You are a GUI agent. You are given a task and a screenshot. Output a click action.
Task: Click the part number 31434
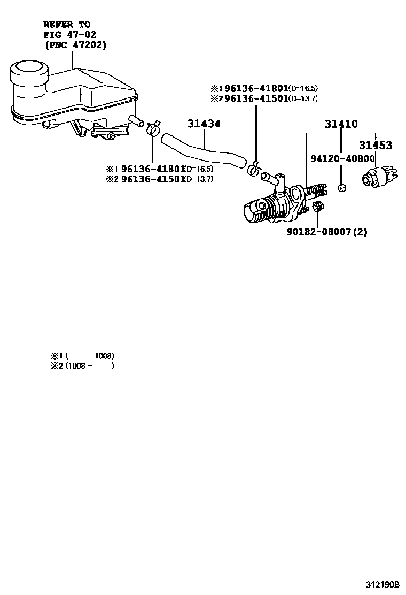pyautogui.click(x=204, y=124)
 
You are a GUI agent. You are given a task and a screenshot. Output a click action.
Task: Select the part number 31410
pyautogui.click(x=341, y=125)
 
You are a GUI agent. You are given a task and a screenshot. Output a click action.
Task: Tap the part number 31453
pyautogui.click(x=375, y=145)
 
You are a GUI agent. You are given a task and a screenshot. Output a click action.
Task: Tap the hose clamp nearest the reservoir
pyautogui.click(x=153, y=128)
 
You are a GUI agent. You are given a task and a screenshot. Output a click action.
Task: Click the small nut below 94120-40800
pyautogui.click(x=342, y=188)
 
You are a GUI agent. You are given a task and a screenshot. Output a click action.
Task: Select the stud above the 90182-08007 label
pyautogui.click(x=318, y=207)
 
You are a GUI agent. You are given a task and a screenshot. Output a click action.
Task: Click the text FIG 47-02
pyautogui.click(x=69, y=35)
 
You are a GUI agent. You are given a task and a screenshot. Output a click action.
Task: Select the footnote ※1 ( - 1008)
pyautogui.click(x=82, y=356)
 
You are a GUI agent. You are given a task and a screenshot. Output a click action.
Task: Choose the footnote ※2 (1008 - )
pyautogui.click(x=82, y=367)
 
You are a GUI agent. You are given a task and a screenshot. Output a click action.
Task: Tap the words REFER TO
pyautogui.click(x=66, y=25)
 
